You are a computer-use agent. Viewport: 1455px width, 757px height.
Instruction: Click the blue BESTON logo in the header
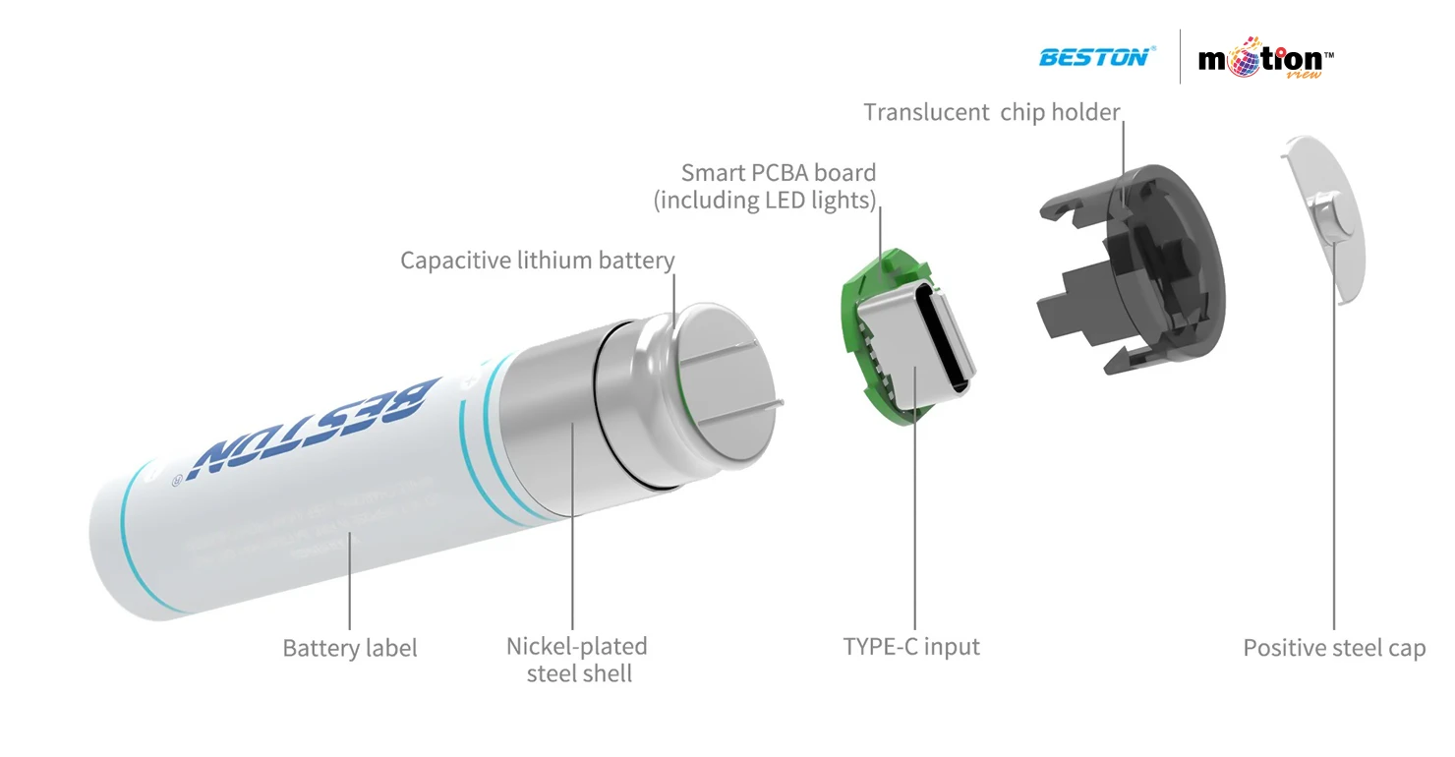click(x=1094, y=57)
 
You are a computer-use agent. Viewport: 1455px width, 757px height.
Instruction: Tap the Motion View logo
click(x=1265, y=60)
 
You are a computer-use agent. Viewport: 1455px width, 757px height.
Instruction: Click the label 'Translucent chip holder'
click(x=991, y=112)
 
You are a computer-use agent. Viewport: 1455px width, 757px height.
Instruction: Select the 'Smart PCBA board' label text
click(x=778, y=173)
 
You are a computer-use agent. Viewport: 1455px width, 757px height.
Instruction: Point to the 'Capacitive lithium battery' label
click(x=537, y=261)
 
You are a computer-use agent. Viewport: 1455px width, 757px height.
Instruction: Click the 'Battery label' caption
click(x=349, y=648)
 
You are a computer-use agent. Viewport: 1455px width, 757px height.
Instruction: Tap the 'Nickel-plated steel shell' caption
click(x=577, y=660)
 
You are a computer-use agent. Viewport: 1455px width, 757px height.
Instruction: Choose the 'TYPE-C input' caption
click(x=911, y=647)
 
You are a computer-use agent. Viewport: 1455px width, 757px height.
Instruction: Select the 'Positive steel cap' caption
click(x=1333, y=648)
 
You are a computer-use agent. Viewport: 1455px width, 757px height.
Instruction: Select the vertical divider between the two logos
click(x=1180, y=57)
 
